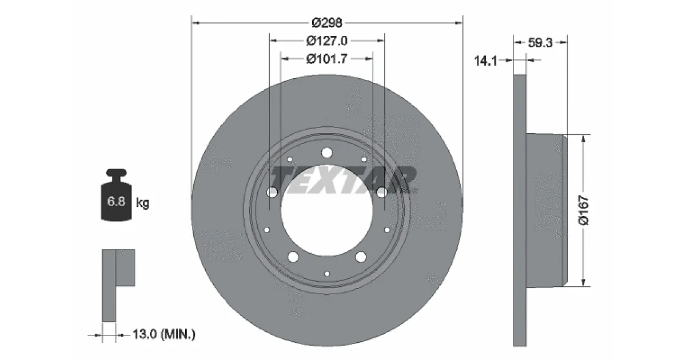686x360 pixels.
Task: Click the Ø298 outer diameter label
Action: (327, 23)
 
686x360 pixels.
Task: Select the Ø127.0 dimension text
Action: (327, 41)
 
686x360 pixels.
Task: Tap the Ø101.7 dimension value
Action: (327, 58)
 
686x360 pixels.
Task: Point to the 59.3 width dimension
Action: (540, 43)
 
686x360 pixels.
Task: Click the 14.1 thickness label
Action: (485, 61)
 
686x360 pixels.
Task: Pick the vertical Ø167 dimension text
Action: (584, 210)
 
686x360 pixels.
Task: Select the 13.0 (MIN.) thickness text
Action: (164, 334)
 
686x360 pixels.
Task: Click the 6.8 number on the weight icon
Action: (116, 201)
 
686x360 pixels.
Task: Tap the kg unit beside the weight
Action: (143, 203)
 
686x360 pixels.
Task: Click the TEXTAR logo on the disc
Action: (343, 181)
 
